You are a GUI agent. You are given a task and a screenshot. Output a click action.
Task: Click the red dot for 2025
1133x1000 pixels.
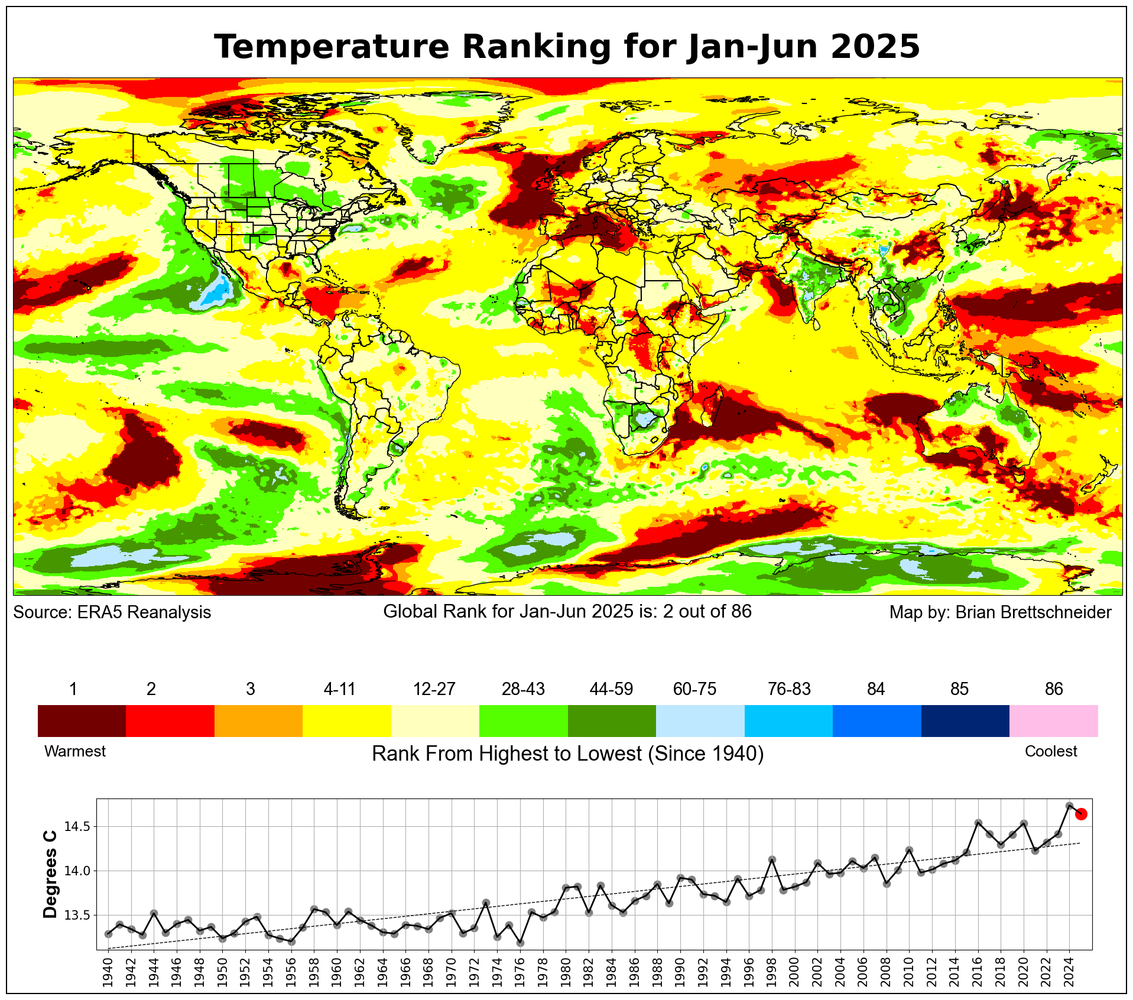click(1081, 814)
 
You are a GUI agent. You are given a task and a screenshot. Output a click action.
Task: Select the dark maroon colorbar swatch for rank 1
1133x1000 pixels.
click(82, 720)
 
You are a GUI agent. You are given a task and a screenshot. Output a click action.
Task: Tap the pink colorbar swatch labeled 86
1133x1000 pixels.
click(1053, 720)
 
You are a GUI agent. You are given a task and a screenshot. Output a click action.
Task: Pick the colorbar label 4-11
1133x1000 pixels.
click(339, 689)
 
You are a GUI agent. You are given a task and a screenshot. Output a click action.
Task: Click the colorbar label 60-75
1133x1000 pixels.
click(694, 689)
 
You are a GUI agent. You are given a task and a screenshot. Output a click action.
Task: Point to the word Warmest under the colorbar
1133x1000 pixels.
click(75, 751)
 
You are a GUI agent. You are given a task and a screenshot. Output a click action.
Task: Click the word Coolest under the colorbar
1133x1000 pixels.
click(1050, 751)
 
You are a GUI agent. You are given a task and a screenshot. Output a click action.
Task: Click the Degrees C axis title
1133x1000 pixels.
click(51, 875)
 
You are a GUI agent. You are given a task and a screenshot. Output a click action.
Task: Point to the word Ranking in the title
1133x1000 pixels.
click(530, 47)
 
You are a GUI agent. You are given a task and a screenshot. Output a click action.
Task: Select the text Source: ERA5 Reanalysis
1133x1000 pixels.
click(112, 612)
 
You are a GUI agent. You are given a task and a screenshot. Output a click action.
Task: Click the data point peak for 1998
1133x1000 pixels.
click(772, 859)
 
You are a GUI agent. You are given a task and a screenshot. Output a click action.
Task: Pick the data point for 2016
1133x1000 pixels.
click(978, 823)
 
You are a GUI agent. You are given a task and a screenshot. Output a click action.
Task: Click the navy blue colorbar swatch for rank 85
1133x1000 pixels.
click(965, 720)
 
